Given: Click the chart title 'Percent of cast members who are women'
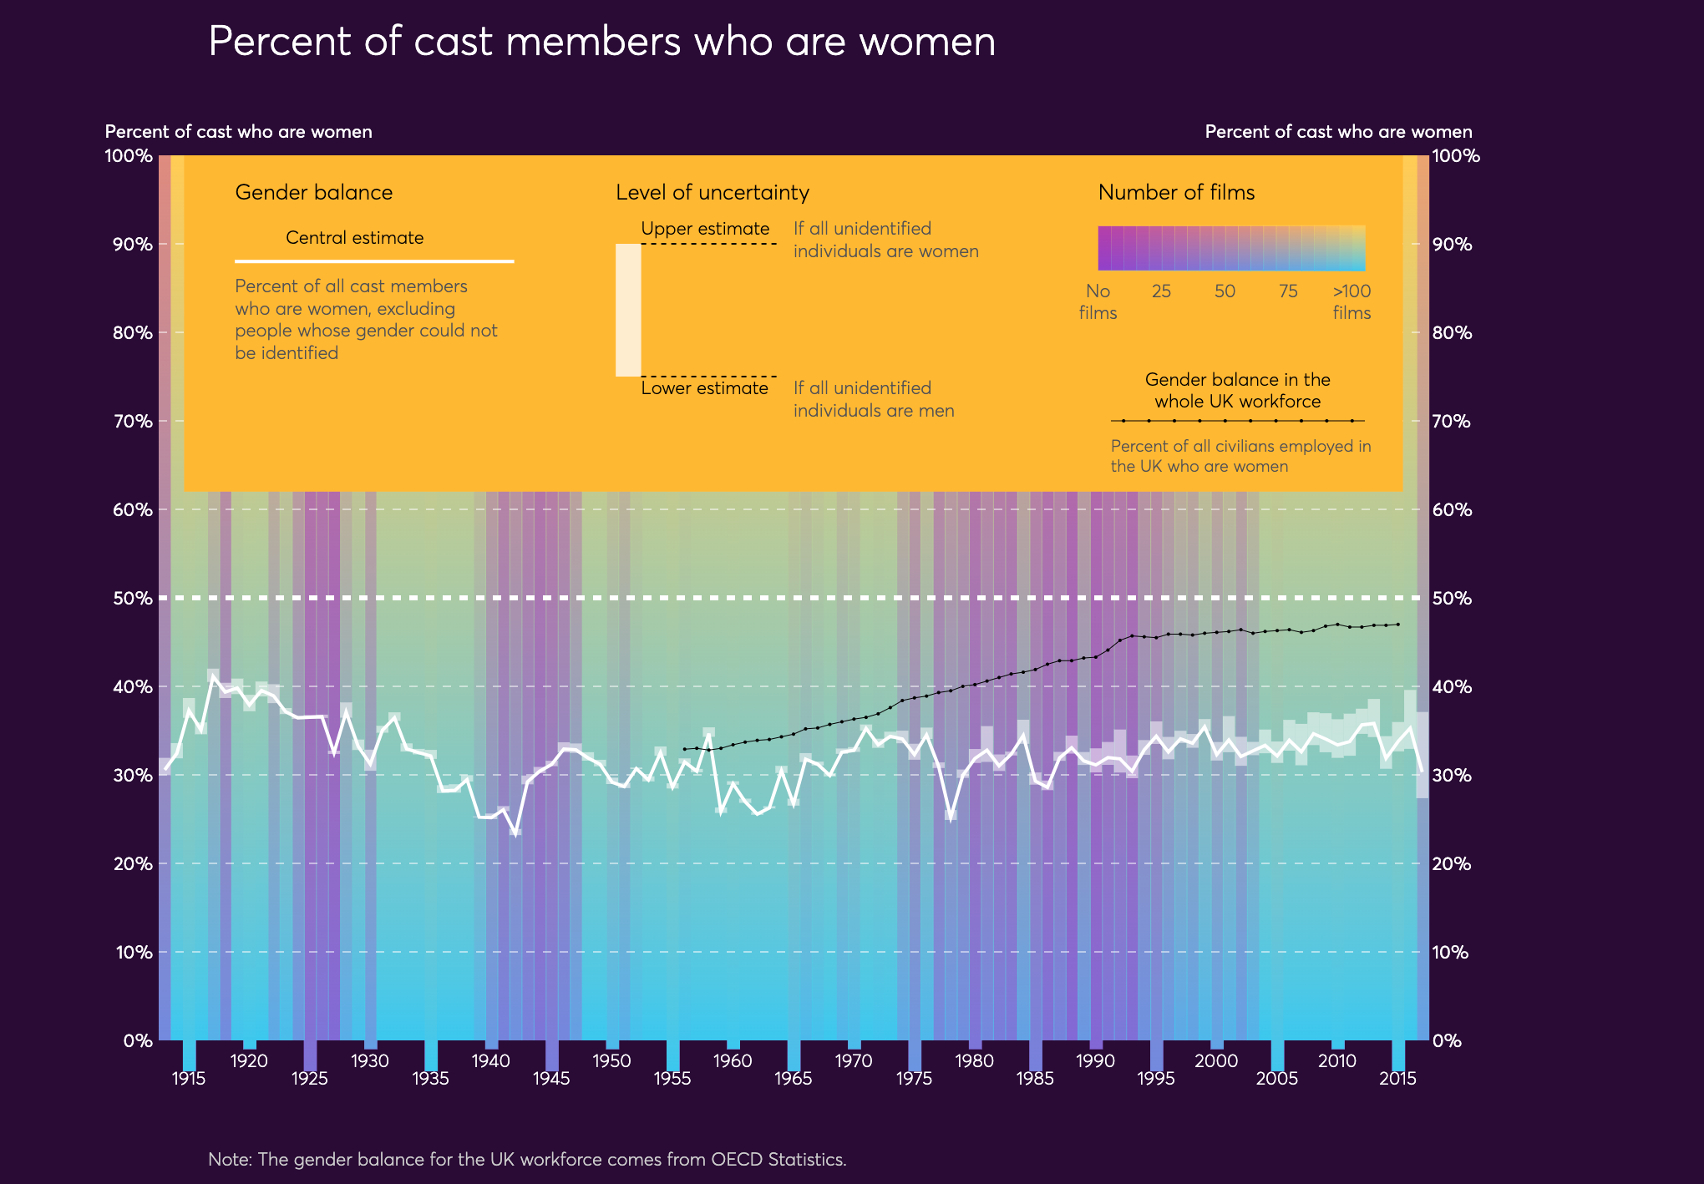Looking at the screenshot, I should (601, 42).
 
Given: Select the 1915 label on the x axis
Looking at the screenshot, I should (189, 1079).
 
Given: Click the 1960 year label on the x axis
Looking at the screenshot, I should (733, 1061).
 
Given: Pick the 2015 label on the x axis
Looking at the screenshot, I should (1397, 1079).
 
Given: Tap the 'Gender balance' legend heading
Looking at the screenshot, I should (313, 193).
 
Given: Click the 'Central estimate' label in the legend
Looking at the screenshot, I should (354, 238).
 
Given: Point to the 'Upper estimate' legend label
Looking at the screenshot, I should (705, 229).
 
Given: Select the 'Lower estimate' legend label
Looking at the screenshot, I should (704, 388).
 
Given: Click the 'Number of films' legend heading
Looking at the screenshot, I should (1176, 193).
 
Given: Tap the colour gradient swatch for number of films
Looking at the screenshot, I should (1231, 248).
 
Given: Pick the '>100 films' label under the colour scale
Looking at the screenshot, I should (1352, 302).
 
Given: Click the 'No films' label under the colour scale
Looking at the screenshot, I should (1098, 302).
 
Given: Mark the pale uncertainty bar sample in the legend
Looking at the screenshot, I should (628, 310).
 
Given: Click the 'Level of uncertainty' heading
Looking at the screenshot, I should (713, 193).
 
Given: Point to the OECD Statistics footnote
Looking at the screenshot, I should (527, 1160).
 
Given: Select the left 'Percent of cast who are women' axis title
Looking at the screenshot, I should (238, 132).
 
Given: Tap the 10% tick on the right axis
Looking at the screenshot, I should (1451, 953).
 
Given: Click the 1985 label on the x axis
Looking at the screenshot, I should (1035, 1079).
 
